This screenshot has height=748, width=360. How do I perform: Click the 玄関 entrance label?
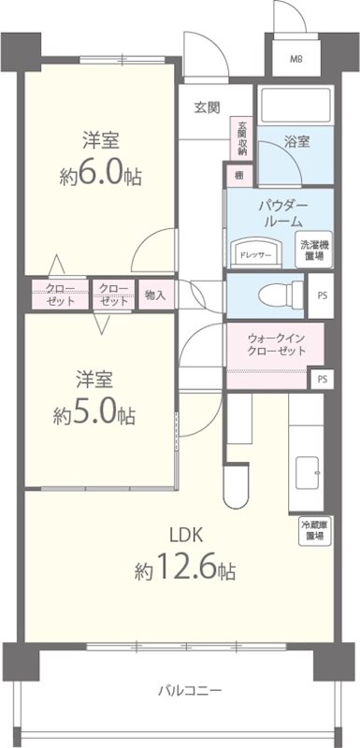tap(207, 107)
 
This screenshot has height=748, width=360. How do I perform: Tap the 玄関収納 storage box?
tap(243, 137)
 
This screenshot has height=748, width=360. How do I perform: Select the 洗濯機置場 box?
tap(312, 250)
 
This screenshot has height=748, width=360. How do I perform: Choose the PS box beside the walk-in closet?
tap(322, 379)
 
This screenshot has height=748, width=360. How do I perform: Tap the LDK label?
tap(185, 536)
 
